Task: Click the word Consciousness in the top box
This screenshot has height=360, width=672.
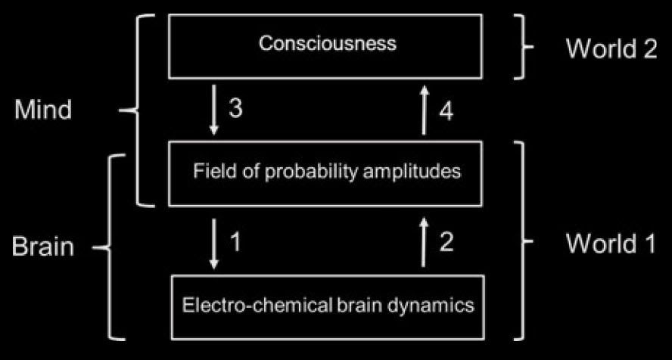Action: [327, 43]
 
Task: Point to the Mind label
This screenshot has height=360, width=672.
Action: [43, 110]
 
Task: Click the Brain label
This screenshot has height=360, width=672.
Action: [42, 247]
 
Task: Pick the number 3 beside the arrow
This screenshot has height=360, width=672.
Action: [235, 110]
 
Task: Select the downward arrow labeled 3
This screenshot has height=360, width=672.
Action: [214, 110]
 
